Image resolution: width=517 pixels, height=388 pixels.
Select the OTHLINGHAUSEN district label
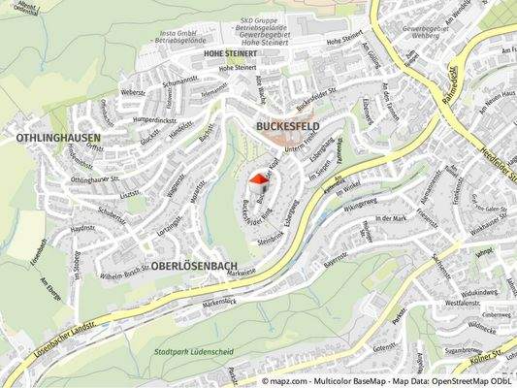point(58,139)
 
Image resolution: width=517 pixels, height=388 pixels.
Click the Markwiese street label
point(242,274)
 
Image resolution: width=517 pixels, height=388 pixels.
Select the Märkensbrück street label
point(221,303)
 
